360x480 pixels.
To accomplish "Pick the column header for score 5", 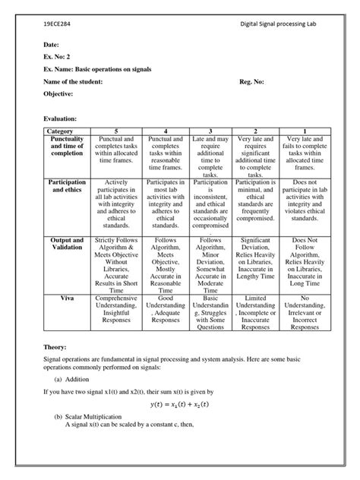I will pyautogui.click(x=115, y=131).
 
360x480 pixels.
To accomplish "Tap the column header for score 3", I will pyautogui.click(x=210, y=131).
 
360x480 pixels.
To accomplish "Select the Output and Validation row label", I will pyautogui.click(x=69, y=244).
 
